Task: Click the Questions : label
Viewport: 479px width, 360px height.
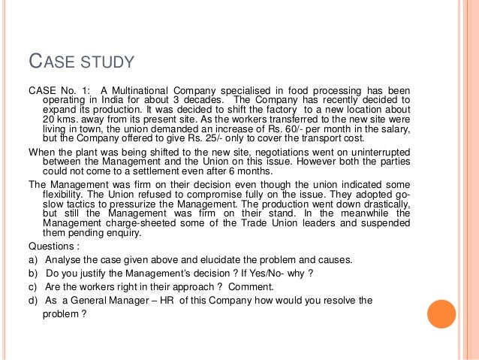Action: tap(53, 245)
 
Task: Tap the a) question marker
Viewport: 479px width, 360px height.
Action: tap(33, 259)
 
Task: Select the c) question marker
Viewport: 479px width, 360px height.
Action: tap(33, 286)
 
